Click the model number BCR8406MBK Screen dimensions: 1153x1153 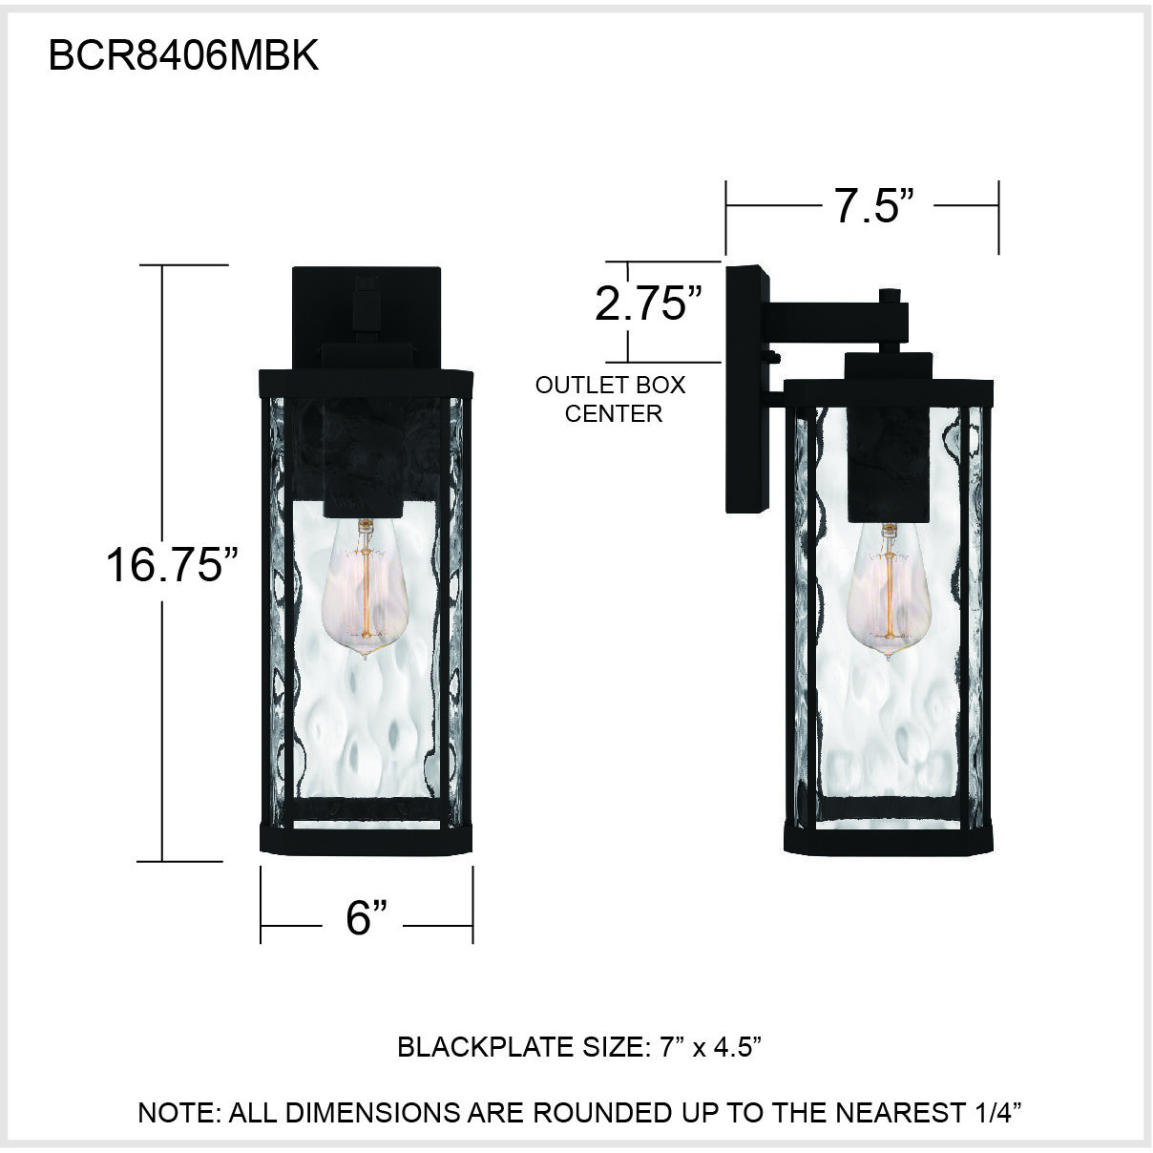click(183, 57)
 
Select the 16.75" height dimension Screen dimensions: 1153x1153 click(171, 564)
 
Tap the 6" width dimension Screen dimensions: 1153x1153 click(367, 918)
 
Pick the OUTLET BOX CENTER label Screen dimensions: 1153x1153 click(611, 400)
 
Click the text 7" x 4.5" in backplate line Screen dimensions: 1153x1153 click(710, 1047)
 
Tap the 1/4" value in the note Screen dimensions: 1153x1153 click(996, 1112)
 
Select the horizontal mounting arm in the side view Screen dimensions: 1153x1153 click(830, 319)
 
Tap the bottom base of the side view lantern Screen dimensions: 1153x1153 click(890, 839)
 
